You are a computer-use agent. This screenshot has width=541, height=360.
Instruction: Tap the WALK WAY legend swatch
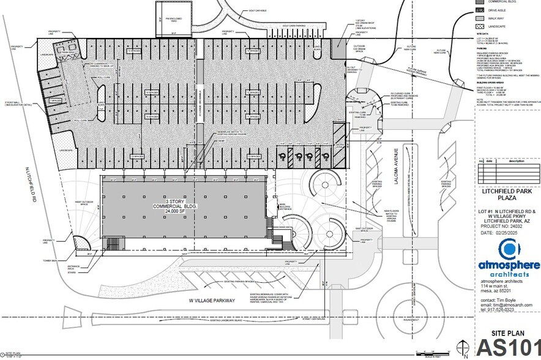coord(480,19)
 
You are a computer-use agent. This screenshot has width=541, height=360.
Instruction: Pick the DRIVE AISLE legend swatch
coord(480,10)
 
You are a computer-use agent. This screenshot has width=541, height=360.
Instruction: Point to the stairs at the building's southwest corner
coord(114,244)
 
